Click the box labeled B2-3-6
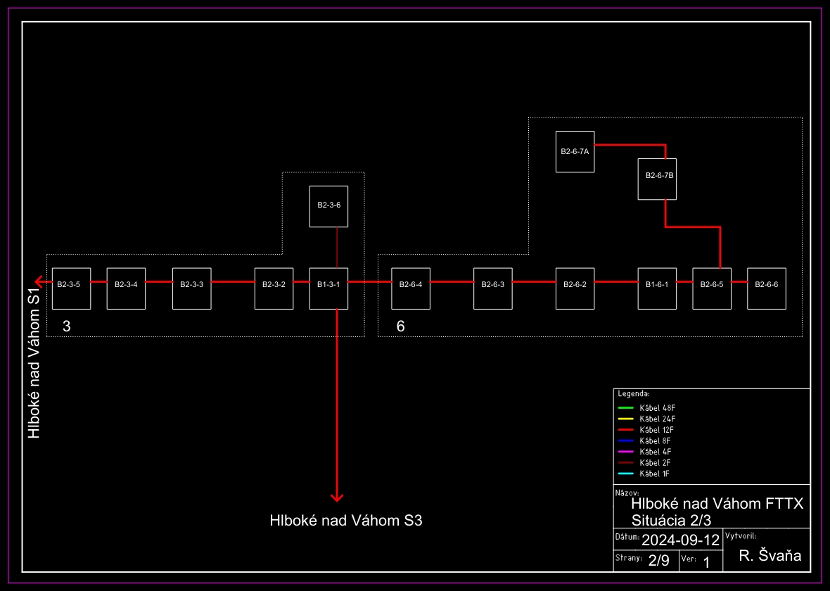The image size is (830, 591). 328,206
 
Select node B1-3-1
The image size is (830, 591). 328,288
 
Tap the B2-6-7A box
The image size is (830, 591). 575,151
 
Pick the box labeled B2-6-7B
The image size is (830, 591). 657,179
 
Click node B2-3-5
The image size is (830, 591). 71,288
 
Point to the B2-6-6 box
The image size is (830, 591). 766,288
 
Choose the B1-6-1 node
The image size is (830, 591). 657,288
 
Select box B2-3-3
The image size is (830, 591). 191,288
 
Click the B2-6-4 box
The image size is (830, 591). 411,288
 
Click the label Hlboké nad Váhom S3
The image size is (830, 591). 346,521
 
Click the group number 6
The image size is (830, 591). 400,326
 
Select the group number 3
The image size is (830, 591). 67,326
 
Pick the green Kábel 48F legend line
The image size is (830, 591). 626,408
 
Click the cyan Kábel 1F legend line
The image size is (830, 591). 626,474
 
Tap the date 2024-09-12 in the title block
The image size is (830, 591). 680,540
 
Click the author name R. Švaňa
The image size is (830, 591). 770,556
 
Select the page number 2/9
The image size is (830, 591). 658,561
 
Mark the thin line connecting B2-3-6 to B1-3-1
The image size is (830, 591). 337,247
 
